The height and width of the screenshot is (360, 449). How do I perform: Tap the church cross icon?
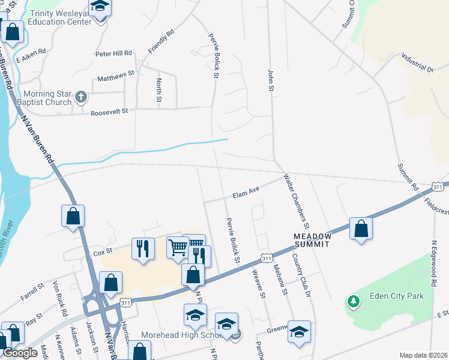click(82, 97)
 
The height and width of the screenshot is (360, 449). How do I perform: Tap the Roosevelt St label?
click(109, 112)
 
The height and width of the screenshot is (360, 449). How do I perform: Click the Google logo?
click(20, 353)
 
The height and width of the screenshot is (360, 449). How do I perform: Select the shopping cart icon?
click(178, 247)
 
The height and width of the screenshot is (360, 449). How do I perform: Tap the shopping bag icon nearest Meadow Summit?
click(361, 228)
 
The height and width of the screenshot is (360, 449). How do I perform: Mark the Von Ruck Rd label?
click(58, 298)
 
